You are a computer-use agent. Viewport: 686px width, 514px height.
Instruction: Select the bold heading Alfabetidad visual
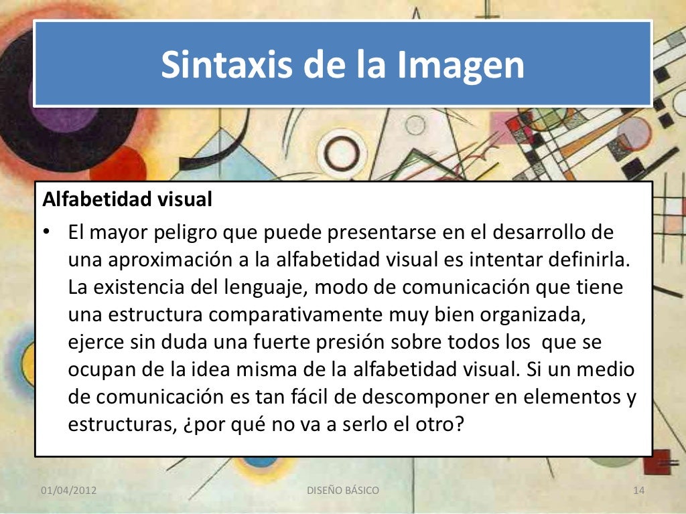click(x=127, y=199)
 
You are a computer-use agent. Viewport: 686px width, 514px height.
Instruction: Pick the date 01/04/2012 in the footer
click(x=69, y=491)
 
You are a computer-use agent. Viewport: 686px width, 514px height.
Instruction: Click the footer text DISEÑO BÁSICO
click(x=342, y=491)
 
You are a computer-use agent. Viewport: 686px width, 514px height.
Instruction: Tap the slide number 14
click(x=638, y=491)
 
